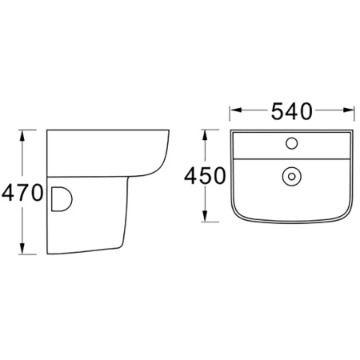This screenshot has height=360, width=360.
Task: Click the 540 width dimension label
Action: (x=291, y=111)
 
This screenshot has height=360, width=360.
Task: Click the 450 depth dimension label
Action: (x=205, y=176)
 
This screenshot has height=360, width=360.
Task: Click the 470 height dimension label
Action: (x=22, y=193)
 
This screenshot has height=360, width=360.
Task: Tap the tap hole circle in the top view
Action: (x=291, y=143)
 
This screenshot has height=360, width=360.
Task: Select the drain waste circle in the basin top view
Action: (x=291, y=176)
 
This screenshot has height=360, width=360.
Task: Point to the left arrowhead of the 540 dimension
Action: (x=236, y=110)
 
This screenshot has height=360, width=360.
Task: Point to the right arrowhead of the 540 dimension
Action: (x=348, y=110)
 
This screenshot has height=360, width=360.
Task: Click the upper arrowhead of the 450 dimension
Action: (x=205, y=135)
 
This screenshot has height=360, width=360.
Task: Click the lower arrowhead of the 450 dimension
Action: (x=205, y=216)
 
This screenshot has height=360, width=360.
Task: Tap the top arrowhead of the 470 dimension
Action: (x=22, y=135)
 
